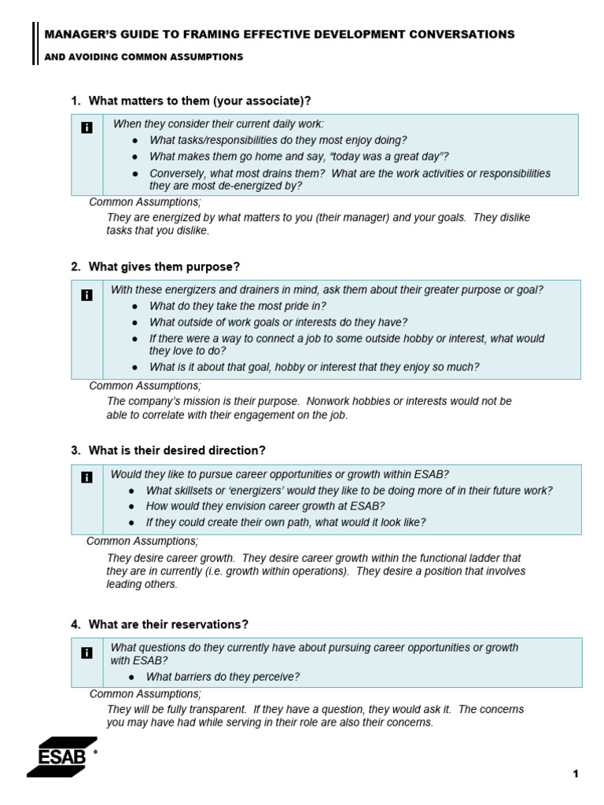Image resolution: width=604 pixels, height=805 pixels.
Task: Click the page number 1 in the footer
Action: pyautogui.click(x=576, y=774)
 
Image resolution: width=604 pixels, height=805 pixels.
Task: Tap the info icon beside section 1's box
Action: pyautogui.click(x=87, y=127)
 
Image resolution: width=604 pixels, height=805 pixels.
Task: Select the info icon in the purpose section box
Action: pyautogui.click(x=87, y=295)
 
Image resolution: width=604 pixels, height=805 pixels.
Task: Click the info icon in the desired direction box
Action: pyautogui.click(x=87, y=476)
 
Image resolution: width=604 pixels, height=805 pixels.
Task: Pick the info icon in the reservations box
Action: pyautogui.click(x=87, y=652)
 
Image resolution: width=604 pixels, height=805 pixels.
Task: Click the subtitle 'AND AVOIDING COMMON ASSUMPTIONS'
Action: pyautogui.click(x=144, y=57)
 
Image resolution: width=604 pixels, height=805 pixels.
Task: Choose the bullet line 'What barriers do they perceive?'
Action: pyautogui.click(x=223, y=677)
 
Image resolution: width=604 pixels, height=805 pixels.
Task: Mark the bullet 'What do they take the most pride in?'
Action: pyautogui.click(x=238, y=307)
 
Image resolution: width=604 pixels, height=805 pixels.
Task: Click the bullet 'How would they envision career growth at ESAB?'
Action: pyautogui.click(x=265, y=506)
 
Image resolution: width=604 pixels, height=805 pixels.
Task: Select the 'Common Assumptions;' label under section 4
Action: pyautogui.click(x=145, y=694)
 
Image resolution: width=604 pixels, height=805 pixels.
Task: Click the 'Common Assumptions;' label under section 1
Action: pyautogui.click(x=145, y=202)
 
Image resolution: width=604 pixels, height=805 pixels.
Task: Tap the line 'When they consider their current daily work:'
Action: pyautogui.click(x=219, y=124)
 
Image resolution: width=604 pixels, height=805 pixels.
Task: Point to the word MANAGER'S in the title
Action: pyautogui.click(x=79, y=35)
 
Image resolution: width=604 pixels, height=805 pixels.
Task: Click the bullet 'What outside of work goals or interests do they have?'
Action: pyautogui.click(x=278, y=322)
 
